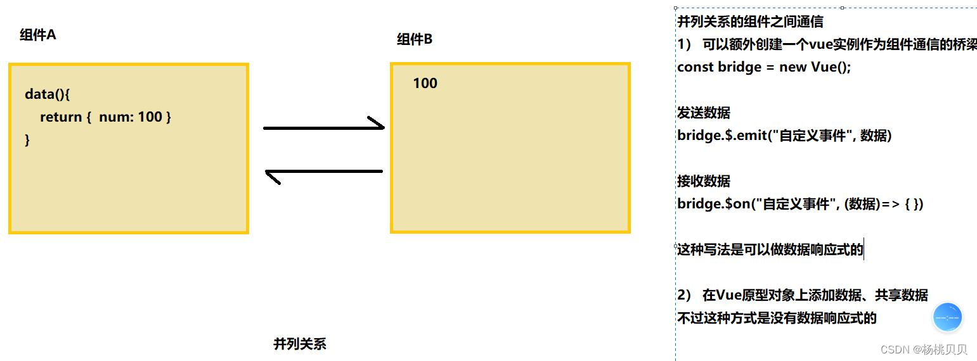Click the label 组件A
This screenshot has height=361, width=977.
(37, 35)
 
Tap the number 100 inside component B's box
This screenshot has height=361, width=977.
(425, 84)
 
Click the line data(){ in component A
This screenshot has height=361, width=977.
(47, 94)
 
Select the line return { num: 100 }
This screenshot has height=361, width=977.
(105, 117)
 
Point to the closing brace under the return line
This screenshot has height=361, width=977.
(27, 140)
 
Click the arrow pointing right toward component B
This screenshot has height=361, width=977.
(324, 127)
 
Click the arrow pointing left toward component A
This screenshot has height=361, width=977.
(323, 172)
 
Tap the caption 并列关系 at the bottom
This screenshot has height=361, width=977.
(299, 344)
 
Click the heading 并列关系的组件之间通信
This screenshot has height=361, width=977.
(750, 22)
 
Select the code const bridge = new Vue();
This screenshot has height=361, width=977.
(763, 67)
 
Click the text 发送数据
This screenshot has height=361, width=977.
(704, 113)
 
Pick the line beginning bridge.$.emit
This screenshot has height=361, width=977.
(784, 136)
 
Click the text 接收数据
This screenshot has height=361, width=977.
(704, 181)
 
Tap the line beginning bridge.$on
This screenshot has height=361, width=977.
(799, 204)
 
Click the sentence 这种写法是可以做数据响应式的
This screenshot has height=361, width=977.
(770, 250)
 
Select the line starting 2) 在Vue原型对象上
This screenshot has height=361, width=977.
(802, 295)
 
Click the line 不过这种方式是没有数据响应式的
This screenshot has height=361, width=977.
(777, 318)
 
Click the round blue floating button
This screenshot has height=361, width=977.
(947, 317)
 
